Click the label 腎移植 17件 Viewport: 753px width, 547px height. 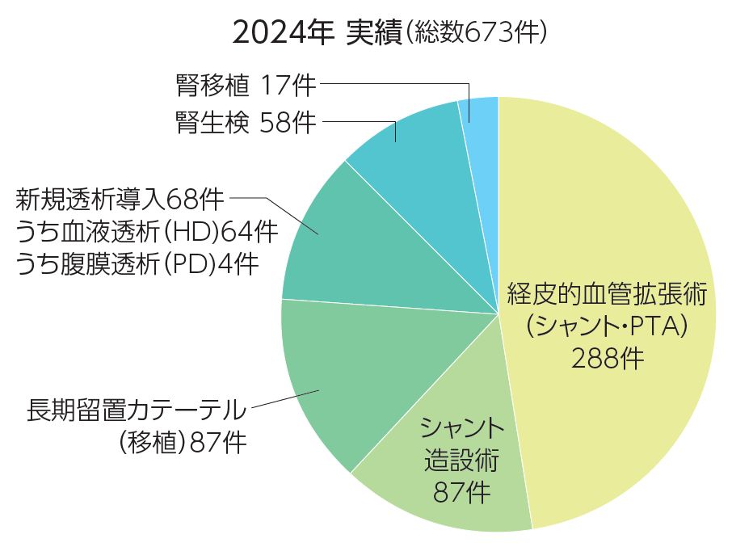[246, 83]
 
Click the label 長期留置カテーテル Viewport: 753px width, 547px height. [137, 410]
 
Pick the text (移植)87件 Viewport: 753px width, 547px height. [182, 443]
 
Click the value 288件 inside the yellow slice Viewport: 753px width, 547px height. [608, 358]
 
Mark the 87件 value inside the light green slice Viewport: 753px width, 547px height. [461, 492]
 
